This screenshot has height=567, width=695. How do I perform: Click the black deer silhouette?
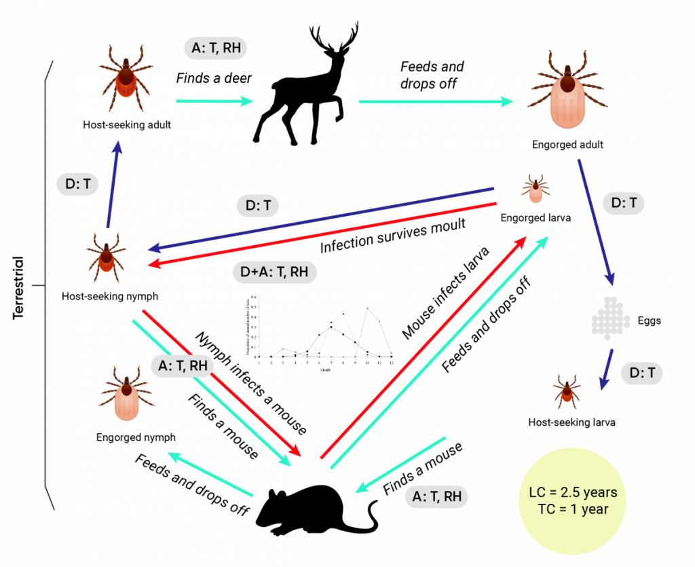click(305, 95)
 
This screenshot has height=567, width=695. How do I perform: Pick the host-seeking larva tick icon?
click(567, 391)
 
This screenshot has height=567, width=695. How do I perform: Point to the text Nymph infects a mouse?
click(251, 383)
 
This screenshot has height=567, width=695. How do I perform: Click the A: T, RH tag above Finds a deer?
click(215, 48)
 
